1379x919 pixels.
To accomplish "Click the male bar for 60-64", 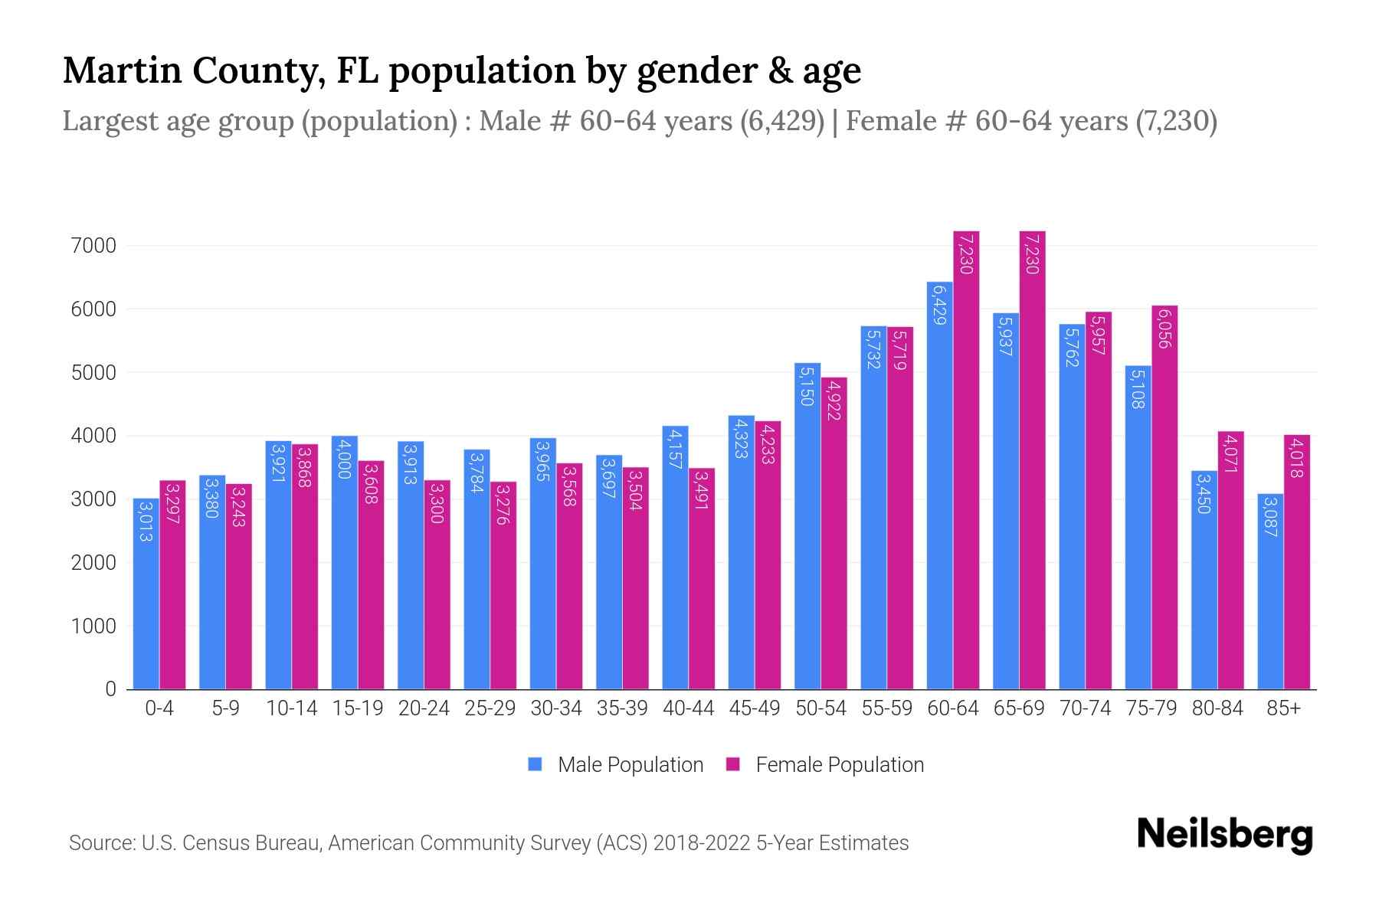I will pyautogui.click(x=939, y=490).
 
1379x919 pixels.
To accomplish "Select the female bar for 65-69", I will pyautogui.click(x=1032, y=459).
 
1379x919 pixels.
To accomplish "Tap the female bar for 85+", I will pyautogui.click(x=1296, y=563).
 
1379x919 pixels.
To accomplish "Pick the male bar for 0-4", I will pyautogui.click(x=146, y=594).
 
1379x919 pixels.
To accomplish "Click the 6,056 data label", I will pyautogui.click(x=1164, y=329).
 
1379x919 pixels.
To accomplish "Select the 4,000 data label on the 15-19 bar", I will pyautogui.click(x=345, y=459).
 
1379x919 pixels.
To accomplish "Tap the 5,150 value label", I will pyautogui.click(x=807, y=385).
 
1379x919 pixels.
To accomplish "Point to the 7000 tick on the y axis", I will pyautogui.click(x=91, y=246).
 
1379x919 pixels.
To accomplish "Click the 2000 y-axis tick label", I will pyautogui.click(x=91, y=563).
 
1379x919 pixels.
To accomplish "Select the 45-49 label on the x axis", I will pyautogui.click(x=754, y=708).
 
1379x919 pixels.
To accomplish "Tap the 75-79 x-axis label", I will pyautogui.click(x=1151, y=708).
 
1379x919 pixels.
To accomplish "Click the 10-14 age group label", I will pyautogui.click(x=291, y=708).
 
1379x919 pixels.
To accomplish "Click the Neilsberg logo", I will pyautogui.click(x=1224, y=835).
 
